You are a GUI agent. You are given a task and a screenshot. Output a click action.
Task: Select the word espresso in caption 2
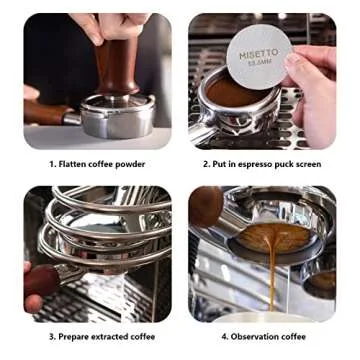click(x=264, y=164)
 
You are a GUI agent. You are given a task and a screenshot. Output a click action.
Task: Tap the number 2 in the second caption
click(x=204, y=164)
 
